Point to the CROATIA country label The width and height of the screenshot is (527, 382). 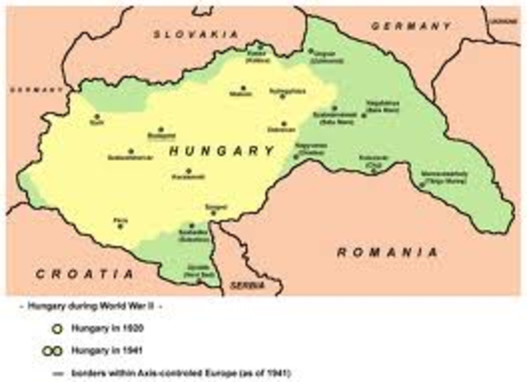pos(84,272)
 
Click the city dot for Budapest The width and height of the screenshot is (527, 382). pos(161,130)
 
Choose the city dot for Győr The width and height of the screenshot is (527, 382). pos(97,117)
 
